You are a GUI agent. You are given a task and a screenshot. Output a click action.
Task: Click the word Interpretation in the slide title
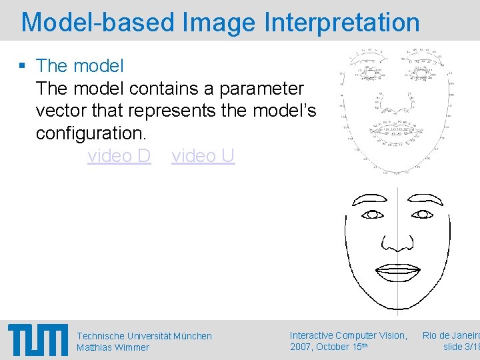pos(342,22)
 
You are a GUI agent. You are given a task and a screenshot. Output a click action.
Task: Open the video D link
pos(119,155)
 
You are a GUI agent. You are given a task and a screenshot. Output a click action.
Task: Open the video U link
pos(203,155)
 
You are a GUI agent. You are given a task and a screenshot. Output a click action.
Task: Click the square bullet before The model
pos(22,66)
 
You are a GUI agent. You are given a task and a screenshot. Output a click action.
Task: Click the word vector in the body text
pos(61,110)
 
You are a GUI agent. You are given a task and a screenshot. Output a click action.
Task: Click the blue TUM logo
pos(38,339)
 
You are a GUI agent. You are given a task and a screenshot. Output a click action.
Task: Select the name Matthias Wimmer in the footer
pos(113,347)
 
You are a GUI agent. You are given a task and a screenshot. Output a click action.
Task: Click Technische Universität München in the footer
pos(144,336)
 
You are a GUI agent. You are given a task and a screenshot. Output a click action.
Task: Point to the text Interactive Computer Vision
pos(348,335)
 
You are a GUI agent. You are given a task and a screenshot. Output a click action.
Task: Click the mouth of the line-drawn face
pos(397,271)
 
